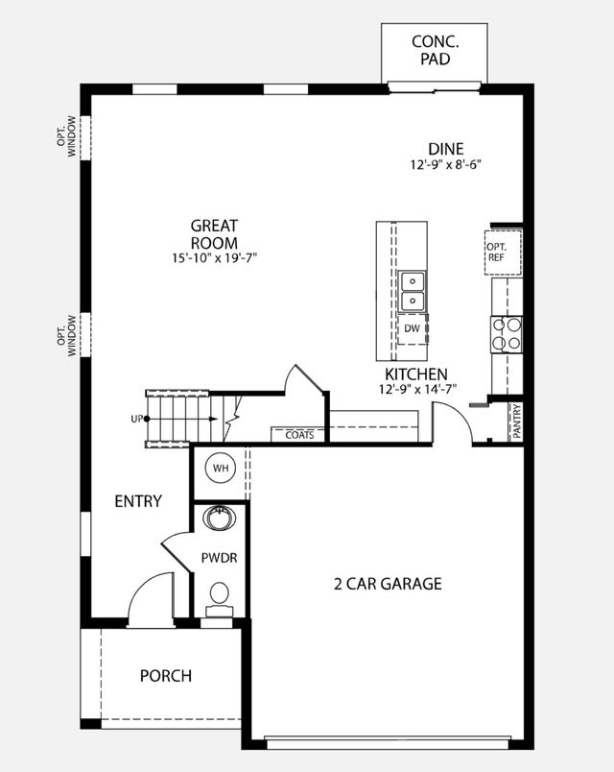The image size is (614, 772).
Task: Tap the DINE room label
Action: click(x=446, y=149)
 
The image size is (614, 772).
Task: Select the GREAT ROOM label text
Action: click(x=214, y=234)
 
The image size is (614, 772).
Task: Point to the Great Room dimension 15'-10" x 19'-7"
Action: click(x=214, y=258)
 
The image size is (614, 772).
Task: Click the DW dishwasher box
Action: click(x=412, y=329)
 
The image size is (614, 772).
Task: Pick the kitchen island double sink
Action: click(x=413, y=291)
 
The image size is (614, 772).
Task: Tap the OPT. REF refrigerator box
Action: click(x=496, y=253)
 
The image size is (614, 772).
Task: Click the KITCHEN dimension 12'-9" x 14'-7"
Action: click(x=415, y=389)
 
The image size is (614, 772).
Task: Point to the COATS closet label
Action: click(x=299, y=435)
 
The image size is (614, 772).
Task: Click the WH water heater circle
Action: click(x=221, y=469)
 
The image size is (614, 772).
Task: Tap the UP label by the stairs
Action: click(x=136, y=419)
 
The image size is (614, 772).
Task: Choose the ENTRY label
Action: click(x=138, y=501)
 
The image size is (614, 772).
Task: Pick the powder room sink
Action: click(x=221, y=519)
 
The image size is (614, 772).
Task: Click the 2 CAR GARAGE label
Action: click(x=388, y=583)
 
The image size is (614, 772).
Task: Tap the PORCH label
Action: click(x=166, y=675)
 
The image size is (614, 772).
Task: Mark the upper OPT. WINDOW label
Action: click(x=66, y=138)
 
